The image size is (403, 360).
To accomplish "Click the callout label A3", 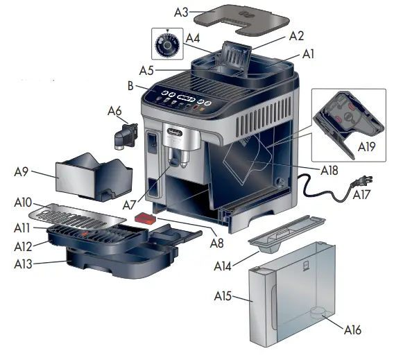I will pyautogui.click(x=181, y=12).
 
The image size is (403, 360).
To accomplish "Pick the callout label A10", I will pyautogui.click(x=23, y=203).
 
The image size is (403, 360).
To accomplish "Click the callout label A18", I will pyautogui.click(x=335, y=169).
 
